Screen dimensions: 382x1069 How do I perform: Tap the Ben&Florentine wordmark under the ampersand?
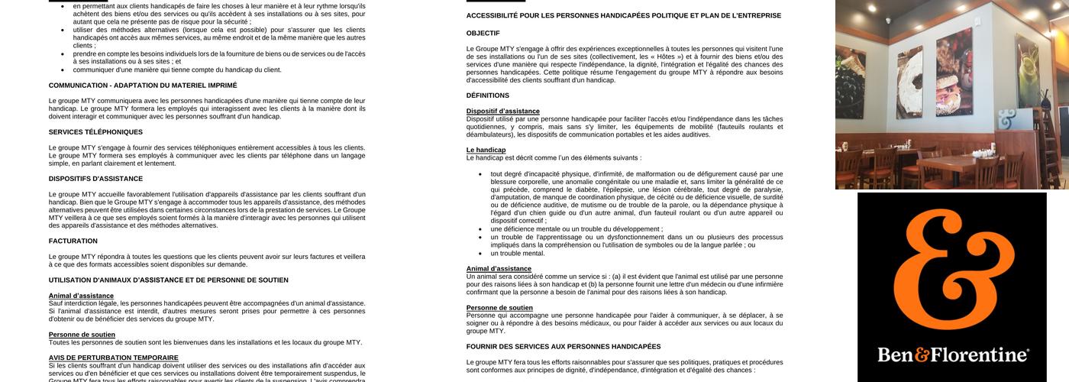[x=952, y=355]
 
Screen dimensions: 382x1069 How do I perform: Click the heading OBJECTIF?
[x=483, y=33]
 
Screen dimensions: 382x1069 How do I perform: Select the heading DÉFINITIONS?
[x=488, y=95]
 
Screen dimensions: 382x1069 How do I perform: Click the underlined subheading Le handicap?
[x=486, y=150]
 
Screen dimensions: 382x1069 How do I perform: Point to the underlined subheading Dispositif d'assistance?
[x=502, y=112]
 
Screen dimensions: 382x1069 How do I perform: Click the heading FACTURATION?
[x=73, y=241]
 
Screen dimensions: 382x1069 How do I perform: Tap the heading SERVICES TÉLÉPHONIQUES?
[x=95, y=132]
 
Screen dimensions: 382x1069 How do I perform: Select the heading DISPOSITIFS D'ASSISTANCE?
[x=95, y=179]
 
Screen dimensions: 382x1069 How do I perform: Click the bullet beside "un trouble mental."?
[x=480, y=253]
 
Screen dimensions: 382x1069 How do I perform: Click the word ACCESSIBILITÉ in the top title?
[x=493, y=15]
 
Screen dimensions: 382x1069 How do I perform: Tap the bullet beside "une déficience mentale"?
[x=480, y=229]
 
